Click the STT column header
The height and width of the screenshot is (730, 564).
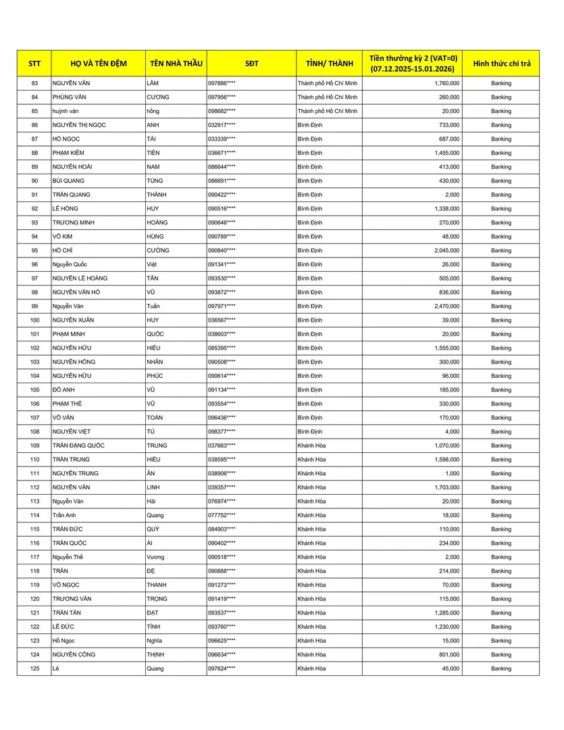[34, 64]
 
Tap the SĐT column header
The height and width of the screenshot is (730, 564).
[251, 64]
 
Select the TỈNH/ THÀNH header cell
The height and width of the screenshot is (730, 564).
[329, 64]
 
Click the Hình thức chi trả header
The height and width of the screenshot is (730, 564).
[501, 64]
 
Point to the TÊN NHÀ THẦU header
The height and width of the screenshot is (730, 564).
[176, 64]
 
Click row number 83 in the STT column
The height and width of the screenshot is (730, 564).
[34, 83]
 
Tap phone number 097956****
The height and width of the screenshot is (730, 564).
[222, 97]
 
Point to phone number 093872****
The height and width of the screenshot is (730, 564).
[222, 292]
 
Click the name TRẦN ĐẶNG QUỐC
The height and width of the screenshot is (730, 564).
[78, 445]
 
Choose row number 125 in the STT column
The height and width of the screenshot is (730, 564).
[34, 668]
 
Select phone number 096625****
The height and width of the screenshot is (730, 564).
[222, 641]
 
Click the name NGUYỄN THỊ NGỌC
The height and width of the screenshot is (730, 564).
[79, 125]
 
